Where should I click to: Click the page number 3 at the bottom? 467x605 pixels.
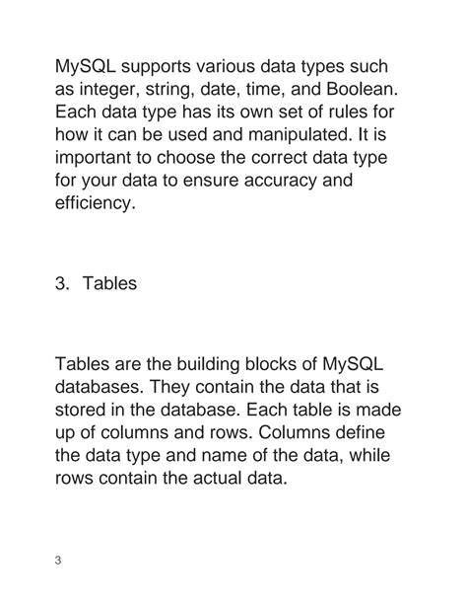point(58,562)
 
